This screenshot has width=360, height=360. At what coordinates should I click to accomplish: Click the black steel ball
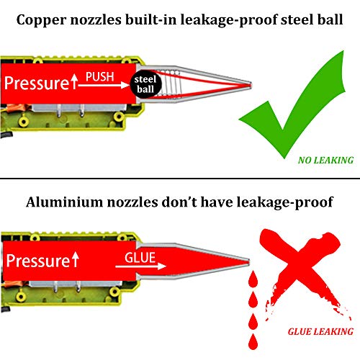(145, 84)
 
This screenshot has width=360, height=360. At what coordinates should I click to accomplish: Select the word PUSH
(100, 77)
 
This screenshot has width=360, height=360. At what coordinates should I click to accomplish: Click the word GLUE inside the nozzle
(140, 258)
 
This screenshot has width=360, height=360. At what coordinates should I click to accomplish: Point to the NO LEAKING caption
(325, 161)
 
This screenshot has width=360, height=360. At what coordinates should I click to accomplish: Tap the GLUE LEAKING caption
(320, 332)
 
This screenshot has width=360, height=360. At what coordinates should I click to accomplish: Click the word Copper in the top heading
(41, 20)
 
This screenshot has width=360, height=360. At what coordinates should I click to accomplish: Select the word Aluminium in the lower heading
(64, 202)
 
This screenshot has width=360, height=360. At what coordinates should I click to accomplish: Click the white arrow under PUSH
(103, 85)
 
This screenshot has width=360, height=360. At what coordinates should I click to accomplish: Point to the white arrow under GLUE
(140, 266)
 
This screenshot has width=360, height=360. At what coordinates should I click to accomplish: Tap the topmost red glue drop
(253, 279)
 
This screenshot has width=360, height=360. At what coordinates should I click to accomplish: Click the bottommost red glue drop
(253, 342)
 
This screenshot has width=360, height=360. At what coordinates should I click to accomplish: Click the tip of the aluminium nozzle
(248, 262)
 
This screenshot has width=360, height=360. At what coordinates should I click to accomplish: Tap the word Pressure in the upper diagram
(37, 83)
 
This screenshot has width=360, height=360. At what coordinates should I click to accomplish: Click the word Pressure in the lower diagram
(38, 261)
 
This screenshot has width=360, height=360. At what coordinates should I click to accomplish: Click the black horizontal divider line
(180, 179)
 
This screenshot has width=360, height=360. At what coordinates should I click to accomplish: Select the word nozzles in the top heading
(96, 20)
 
